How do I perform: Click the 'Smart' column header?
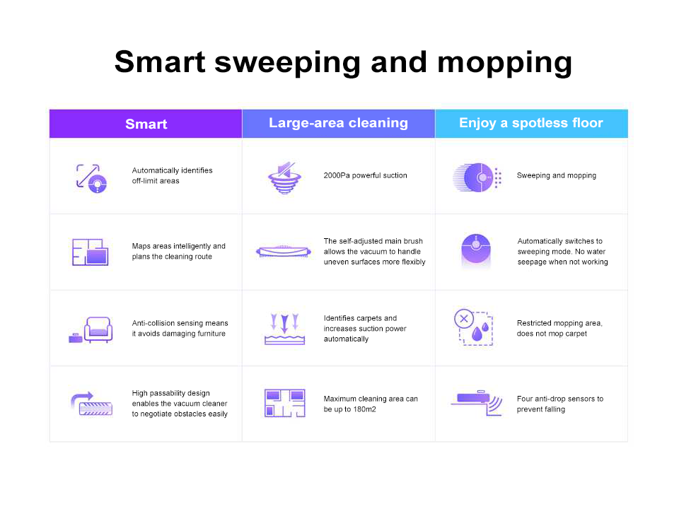(x=146, y=124)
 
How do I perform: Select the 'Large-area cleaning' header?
(x=338, y=123)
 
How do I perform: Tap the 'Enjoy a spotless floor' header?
(x=531, y=123)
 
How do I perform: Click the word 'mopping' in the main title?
(x=504, y=63)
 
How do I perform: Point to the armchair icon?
(x=98, y=330)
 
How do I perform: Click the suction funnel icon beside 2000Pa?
(x=284, y=178)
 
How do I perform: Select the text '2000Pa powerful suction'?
(x=365, y=175)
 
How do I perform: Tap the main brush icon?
(x=284, y=252)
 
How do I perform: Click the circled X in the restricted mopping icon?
(x=464, y=319)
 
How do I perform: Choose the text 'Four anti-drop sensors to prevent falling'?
(x=560, y=404)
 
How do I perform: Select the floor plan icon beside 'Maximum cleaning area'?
(x=284, y=403)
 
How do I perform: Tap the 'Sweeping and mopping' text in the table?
(x=557, y=175)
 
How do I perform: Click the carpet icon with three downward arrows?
(x=284, y=329)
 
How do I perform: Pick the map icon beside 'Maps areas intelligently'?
(x=90, y=252)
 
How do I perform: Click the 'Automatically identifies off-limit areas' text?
(x=172, y=176)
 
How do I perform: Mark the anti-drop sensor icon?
(x=476, y=403)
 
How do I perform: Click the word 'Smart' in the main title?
(x=160, y=62)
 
